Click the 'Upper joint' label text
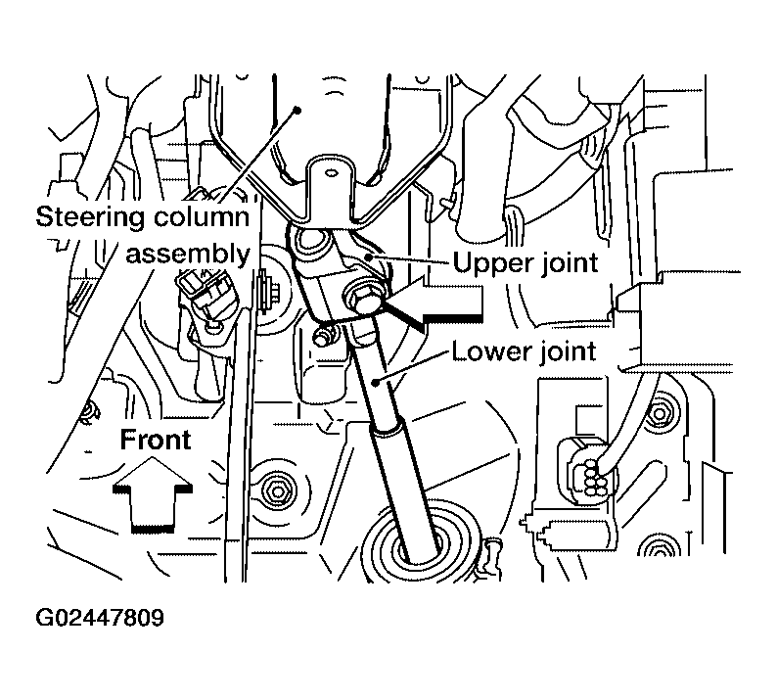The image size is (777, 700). [526, 262]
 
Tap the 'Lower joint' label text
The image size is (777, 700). [524, 351]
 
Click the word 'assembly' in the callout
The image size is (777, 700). [188, 255]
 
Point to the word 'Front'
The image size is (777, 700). [155, 440]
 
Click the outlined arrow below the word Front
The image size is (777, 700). [153, 494]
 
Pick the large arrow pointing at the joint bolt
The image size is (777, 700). [434, 300]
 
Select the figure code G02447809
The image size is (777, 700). [100, 618]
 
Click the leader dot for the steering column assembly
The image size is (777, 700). [297, 110]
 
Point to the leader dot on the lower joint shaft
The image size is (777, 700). [376, 382]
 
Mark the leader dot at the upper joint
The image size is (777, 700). [367, 257]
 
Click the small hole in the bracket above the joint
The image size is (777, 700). [331, 173]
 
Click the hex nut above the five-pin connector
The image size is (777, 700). [659, 412]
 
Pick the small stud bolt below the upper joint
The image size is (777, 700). [322, 337]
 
